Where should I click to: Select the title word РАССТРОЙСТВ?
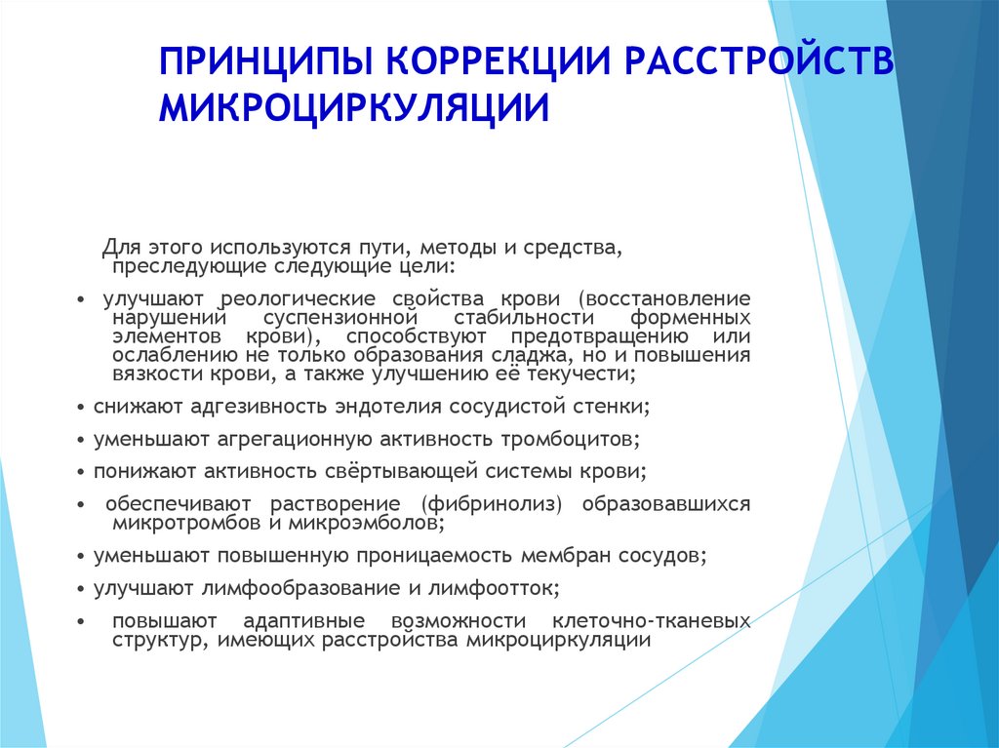click(758, 60)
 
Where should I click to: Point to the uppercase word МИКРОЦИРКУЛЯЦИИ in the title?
click(353, 107)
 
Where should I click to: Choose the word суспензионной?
click(340, 317)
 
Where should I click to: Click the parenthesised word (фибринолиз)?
click(492, 504)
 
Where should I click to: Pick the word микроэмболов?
click(367, 523)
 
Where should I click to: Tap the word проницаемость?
click(435, 556)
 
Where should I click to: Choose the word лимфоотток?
click(493, 588)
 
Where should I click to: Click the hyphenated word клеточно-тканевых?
click(651, 620)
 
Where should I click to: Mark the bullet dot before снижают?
click(80, 407)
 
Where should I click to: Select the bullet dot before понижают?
click(80, 472)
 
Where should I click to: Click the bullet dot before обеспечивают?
click(80, 504)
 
